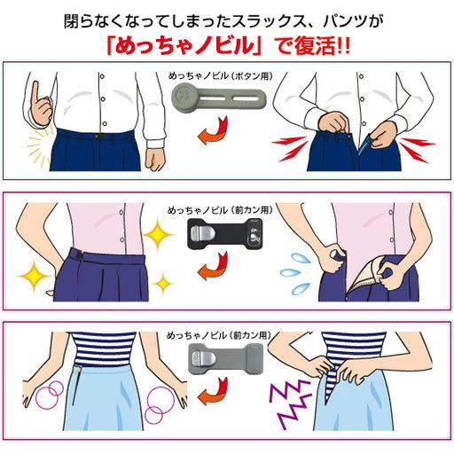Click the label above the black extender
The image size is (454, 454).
click(225, 210)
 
